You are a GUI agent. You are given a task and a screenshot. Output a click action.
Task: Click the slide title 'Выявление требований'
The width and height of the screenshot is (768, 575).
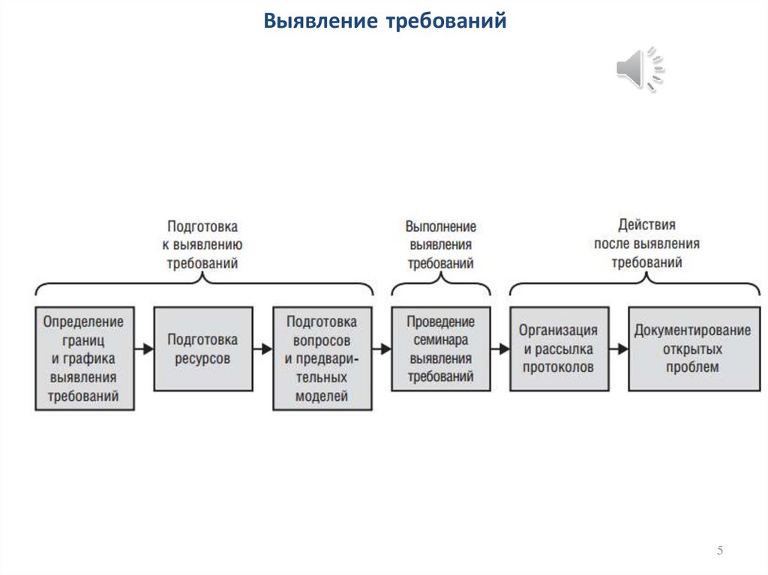point(385,21)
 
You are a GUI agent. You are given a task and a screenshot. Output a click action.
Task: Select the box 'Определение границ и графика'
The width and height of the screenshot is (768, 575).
point(84,358)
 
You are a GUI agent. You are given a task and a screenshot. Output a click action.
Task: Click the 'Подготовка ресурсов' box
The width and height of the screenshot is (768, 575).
point(202,349)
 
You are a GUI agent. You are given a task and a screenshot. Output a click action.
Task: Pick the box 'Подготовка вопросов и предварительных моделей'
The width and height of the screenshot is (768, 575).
point(322,358)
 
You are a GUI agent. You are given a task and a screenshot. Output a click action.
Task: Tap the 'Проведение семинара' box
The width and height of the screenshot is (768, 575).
point(441,349)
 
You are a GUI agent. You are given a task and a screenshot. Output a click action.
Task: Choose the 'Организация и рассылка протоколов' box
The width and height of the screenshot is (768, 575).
point(559,349)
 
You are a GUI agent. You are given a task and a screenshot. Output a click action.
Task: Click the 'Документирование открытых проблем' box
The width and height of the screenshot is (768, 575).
point(691,349)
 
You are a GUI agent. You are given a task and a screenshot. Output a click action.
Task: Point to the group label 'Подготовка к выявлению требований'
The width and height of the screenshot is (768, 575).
point(202,244)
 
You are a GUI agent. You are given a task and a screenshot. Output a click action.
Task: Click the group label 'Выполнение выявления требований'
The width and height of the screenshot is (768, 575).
point(441,245)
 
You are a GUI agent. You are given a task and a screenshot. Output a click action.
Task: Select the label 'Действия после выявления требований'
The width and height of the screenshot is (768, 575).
point(646,244)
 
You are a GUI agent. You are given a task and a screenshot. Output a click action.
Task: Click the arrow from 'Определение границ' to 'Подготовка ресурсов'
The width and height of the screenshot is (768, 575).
point(144,349)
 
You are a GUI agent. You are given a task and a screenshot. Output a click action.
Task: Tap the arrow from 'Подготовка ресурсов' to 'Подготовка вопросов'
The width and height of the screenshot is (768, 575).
point(262,349)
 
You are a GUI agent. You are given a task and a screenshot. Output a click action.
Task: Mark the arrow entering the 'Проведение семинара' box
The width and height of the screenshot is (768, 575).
point(382,349)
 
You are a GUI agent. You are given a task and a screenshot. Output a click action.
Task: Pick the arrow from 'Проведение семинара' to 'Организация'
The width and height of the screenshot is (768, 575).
point(500,349)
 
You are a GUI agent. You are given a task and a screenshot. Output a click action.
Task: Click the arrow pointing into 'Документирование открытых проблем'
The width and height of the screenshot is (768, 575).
point(619,349)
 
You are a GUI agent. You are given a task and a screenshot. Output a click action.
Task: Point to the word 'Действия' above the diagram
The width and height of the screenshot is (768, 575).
point(646,225)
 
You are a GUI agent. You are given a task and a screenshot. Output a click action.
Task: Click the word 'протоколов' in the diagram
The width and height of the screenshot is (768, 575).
point(559,367)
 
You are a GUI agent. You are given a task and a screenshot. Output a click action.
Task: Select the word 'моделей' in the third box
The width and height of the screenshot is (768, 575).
point(322,396)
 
